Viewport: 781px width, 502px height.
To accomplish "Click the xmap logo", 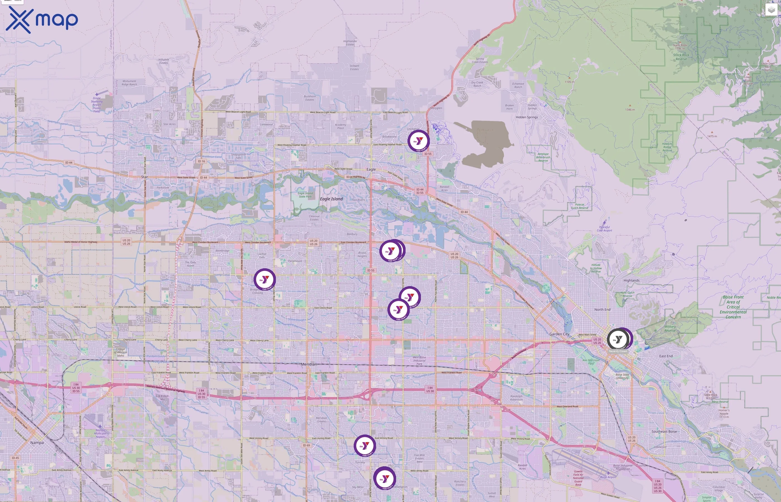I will pyautogui.click(x=42, y=20).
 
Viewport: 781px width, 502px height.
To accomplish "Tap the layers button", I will pyautogui.click(x=771, y=10).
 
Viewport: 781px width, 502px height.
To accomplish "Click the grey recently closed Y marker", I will pyautogui.click(x=617, y=340).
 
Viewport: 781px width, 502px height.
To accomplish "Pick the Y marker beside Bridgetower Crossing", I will pyautogui.click(x=264, y=279).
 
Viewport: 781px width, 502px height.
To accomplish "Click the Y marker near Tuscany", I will pyautogui.click(x=365, y=445).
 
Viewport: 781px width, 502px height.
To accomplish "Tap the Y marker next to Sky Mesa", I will pyautogui.click(x=384, y=478).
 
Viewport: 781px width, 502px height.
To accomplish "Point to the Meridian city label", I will pyautogui.click(x=308, y=364).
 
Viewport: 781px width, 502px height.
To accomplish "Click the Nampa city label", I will pyautogui.click(x=37, y=443).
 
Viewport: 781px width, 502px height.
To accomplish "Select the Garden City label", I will pyautogui.click(x=559, y=334).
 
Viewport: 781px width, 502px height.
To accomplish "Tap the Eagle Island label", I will pyautogui.click(x=331, y=199).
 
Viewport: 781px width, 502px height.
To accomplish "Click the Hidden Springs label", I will pyautogui.click(x=526, y=117).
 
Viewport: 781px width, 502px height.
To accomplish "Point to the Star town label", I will pyautogui.click(x=144, y=177).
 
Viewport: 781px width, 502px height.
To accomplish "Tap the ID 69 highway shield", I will pyautogui.click(x=306, y=445).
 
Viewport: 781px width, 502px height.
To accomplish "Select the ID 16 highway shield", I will pyautogui.click(x=201, y=161).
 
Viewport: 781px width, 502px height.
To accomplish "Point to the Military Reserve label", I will pyautogui.click(x=670, y=329).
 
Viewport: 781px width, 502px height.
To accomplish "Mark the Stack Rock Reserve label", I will pyautogui.click(x=681, y=57).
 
